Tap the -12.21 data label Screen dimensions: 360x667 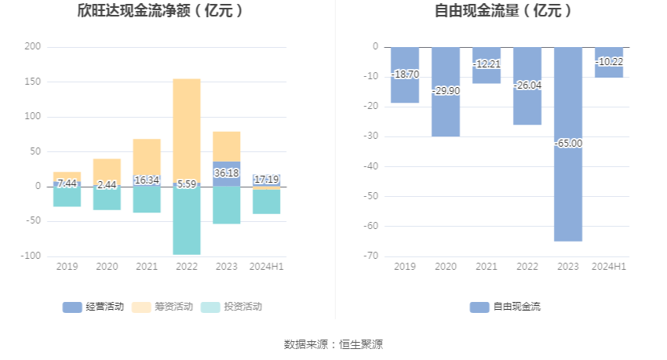pyautogui.click(x=487, y=63)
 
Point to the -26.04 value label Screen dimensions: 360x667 pyautogui.click(x=527, y=85)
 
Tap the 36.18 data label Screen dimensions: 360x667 pyautogui.click(x=227, y=173)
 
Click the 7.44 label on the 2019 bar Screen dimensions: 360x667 pyautogui.click(x=67, y=183)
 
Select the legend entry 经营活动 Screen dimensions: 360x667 pyautogui.click(x=93, y=307)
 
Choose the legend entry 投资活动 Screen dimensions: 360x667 pyautogui.click(x=231, y=307)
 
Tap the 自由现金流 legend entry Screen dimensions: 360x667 pyautogui.click(x=505, y=307)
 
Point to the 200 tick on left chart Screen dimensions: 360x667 pyautogui.click(x=32, y=47)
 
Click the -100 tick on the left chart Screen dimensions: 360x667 pyautogui.click(x=31, y=256)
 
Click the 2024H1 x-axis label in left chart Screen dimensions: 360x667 pyautogui.click(x=267, y=267)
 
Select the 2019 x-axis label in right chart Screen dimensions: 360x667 pyautogui.click(x=405, y=267)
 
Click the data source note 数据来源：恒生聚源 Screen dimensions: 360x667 pyautogui.click(x=333, y=344)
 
